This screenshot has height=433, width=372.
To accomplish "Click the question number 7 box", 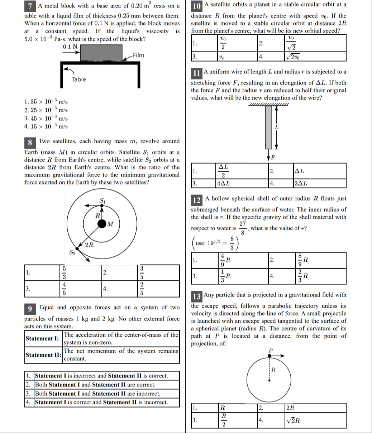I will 31,6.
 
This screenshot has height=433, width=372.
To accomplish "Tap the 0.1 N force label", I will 70,47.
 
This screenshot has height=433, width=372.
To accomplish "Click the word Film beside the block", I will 138,55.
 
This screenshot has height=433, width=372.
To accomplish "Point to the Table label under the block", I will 78,79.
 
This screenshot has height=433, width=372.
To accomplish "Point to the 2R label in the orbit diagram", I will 89,245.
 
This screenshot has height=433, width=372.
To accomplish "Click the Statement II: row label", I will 43,355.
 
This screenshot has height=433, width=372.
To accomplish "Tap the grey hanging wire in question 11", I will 268,127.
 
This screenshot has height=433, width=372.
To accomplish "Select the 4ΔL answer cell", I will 224,184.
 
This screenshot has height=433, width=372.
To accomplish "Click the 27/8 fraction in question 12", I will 243,228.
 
